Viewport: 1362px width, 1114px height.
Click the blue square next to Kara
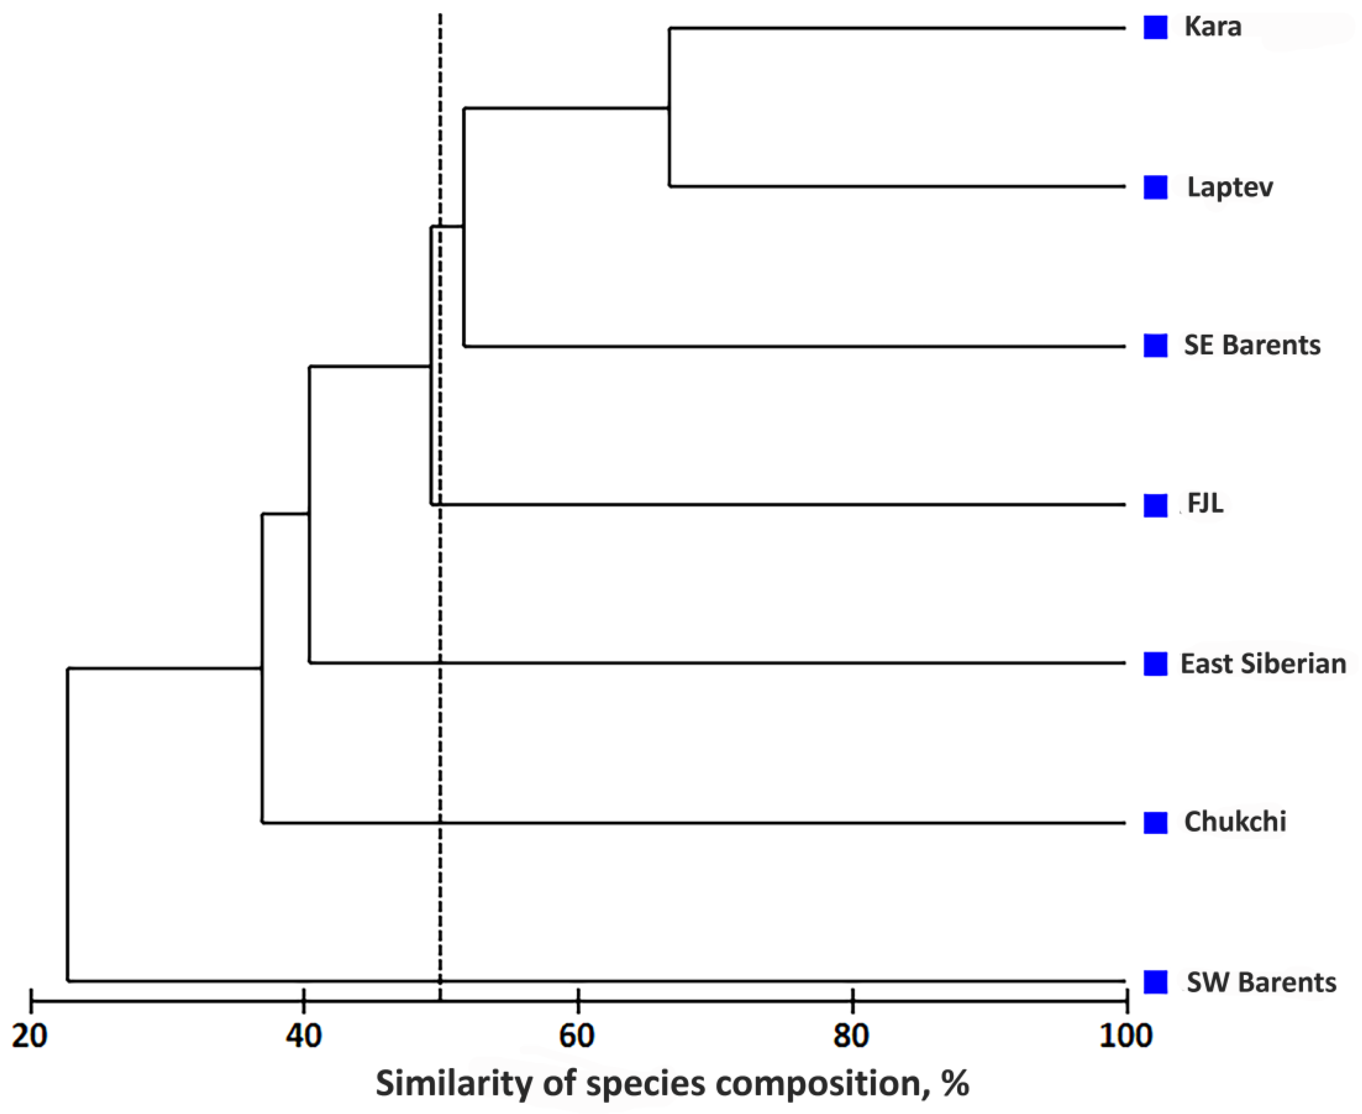[1155, 28]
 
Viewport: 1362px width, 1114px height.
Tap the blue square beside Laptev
[1155, 187]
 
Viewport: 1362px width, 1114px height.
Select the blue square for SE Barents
[1155, 345]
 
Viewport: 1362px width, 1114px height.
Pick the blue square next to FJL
[1155, 505]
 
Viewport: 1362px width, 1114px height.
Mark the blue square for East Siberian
[1155, 664]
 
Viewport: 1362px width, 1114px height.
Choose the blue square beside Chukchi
[1155, 822]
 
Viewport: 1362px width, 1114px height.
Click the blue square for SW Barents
[1155, 981]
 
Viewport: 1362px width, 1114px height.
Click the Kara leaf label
[1212, 27]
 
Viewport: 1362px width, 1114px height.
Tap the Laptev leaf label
[1229, 187]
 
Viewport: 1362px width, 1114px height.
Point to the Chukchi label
[1234, 822]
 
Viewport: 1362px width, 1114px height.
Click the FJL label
[1205, 504]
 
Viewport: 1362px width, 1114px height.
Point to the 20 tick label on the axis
[30, 1036]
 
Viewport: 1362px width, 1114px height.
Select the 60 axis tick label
[577, 1036]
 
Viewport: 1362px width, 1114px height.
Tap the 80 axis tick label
[852, 1036]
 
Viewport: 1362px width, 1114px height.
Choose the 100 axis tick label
[1125, 1036]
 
